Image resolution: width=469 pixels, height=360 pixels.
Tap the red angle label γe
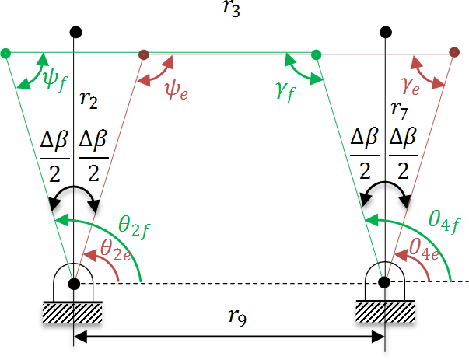(x=410, y=86)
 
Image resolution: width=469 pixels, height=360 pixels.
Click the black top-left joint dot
(x=75, y=32)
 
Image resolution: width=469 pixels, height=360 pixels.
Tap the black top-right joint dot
(x=385, y=32)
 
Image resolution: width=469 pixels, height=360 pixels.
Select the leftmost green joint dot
(x=6, y=54)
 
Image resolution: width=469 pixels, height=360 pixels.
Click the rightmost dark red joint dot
(x=453, y=53)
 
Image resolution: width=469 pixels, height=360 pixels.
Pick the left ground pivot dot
(x=74, y=283)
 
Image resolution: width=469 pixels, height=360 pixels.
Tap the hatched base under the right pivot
(x=384, y=311)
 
